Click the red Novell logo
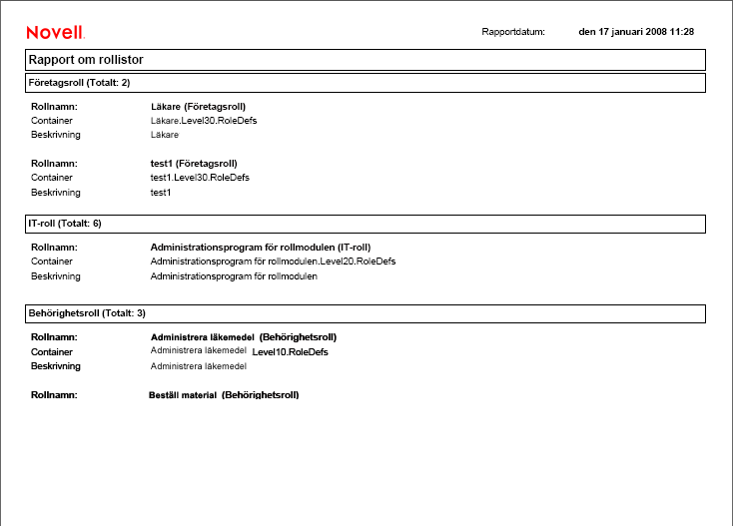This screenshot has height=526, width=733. point(55,33)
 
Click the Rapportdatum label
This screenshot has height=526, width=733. point(513,32)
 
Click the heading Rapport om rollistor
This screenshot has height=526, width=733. point(86,60)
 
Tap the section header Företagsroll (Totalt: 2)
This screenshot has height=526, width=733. point(78,82)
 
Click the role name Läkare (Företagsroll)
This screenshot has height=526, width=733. point(198,106)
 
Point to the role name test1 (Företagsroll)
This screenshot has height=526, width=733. point(194,163)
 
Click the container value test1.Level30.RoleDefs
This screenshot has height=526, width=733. point(200,177)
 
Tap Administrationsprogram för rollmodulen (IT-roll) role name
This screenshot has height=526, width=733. point(260,247)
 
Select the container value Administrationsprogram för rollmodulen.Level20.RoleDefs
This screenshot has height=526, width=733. point(273,261)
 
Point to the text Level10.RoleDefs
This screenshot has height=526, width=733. point(290,351)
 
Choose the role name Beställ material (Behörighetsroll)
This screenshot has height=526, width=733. point(224,395)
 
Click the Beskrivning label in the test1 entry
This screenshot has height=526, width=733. point(55,192)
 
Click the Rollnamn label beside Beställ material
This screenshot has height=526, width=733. point(54,395)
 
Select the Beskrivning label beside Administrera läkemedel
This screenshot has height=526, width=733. point(56,366)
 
